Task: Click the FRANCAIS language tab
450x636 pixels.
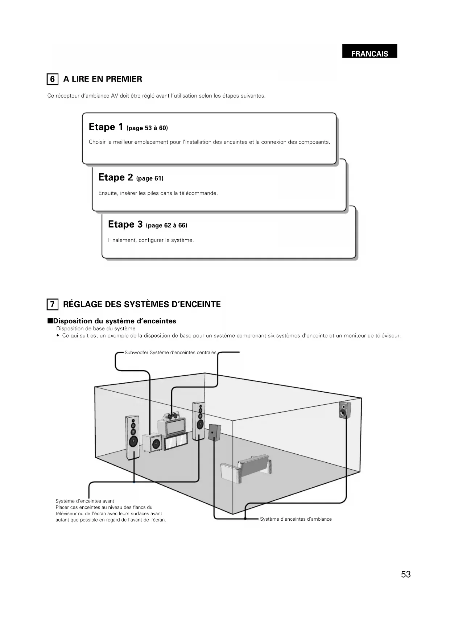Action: (x=369, y=54)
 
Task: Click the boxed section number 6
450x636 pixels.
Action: (x=52, y=79)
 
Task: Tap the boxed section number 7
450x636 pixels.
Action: (x=52, y=304)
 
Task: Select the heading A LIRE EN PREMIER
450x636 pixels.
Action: (x=103, y=79)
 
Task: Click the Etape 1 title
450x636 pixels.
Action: (x=106, y=127)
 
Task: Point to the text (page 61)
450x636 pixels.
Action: (x=150, y=178)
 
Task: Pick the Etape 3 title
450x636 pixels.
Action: (x=125, y=224)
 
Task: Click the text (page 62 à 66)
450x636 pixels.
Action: (x=166, y=226)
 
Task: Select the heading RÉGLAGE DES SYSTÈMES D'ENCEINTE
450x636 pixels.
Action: (x=142, y=304)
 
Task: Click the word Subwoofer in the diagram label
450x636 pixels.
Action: (x=136, y=352)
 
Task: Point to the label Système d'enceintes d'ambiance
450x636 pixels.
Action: (x=296, y=519)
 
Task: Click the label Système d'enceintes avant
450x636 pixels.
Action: (x=85, y=501)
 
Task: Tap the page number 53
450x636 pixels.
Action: (x=406, y=574)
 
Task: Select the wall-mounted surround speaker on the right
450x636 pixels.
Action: (x=344, y=410)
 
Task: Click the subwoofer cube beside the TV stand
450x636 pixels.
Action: (x=152, y=443)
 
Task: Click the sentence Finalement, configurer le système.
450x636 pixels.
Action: (x=151, y=240)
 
